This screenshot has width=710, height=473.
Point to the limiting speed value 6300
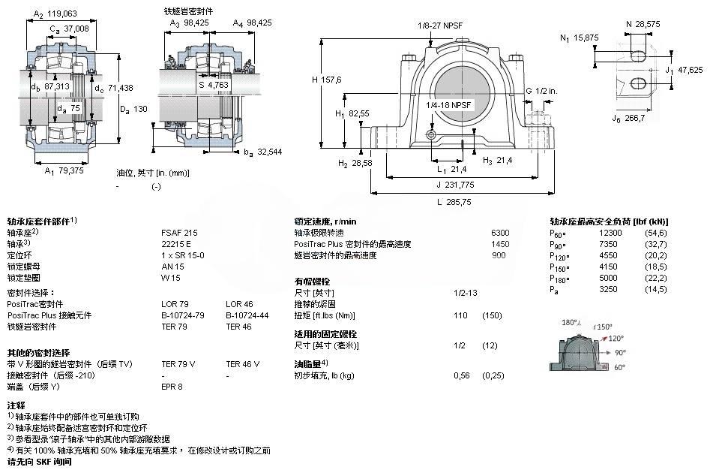pos(499,233)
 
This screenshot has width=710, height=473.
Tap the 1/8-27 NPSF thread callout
pos(442,26)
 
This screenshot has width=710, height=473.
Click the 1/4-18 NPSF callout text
pos(449,105)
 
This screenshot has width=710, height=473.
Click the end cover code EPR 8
pos(172,387)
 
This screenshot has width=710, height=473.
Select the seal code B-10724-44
pos(246,315)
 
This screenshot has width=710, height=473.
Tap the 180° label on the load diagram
pos(571,322)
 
